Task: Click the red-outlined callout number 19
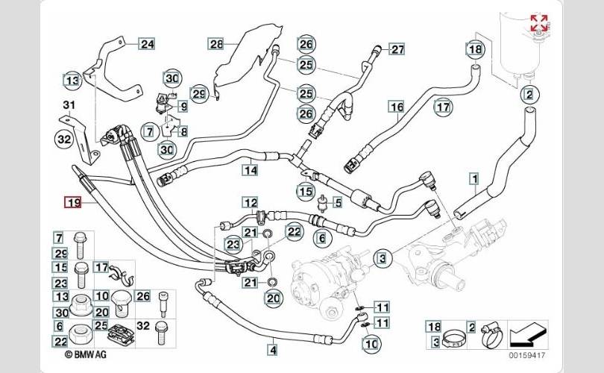point(73,202)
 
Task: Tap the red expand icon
point(539,22)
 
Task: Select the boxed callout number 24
point(147,44)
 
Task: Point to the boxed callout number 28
point(216,44)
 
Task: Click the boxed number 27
point(397,49)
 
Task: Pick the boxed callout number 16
point(397,107)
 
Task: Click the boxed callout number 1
point(475,179)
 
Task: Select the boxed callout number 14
point(250,169)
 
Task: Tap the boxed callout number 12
point(251,203)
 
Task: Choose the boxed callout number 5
point(338,202)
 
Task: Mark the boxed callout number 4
point(273,351)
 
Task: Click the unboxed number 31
point(69,104)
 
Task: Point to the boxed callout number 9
point(183,106)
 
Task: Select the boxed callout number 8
point(183,131)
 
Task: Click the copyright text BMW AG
point(86,354)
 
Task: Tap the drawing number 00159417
point(527,355)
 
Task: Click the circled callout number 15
point(306,191)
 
